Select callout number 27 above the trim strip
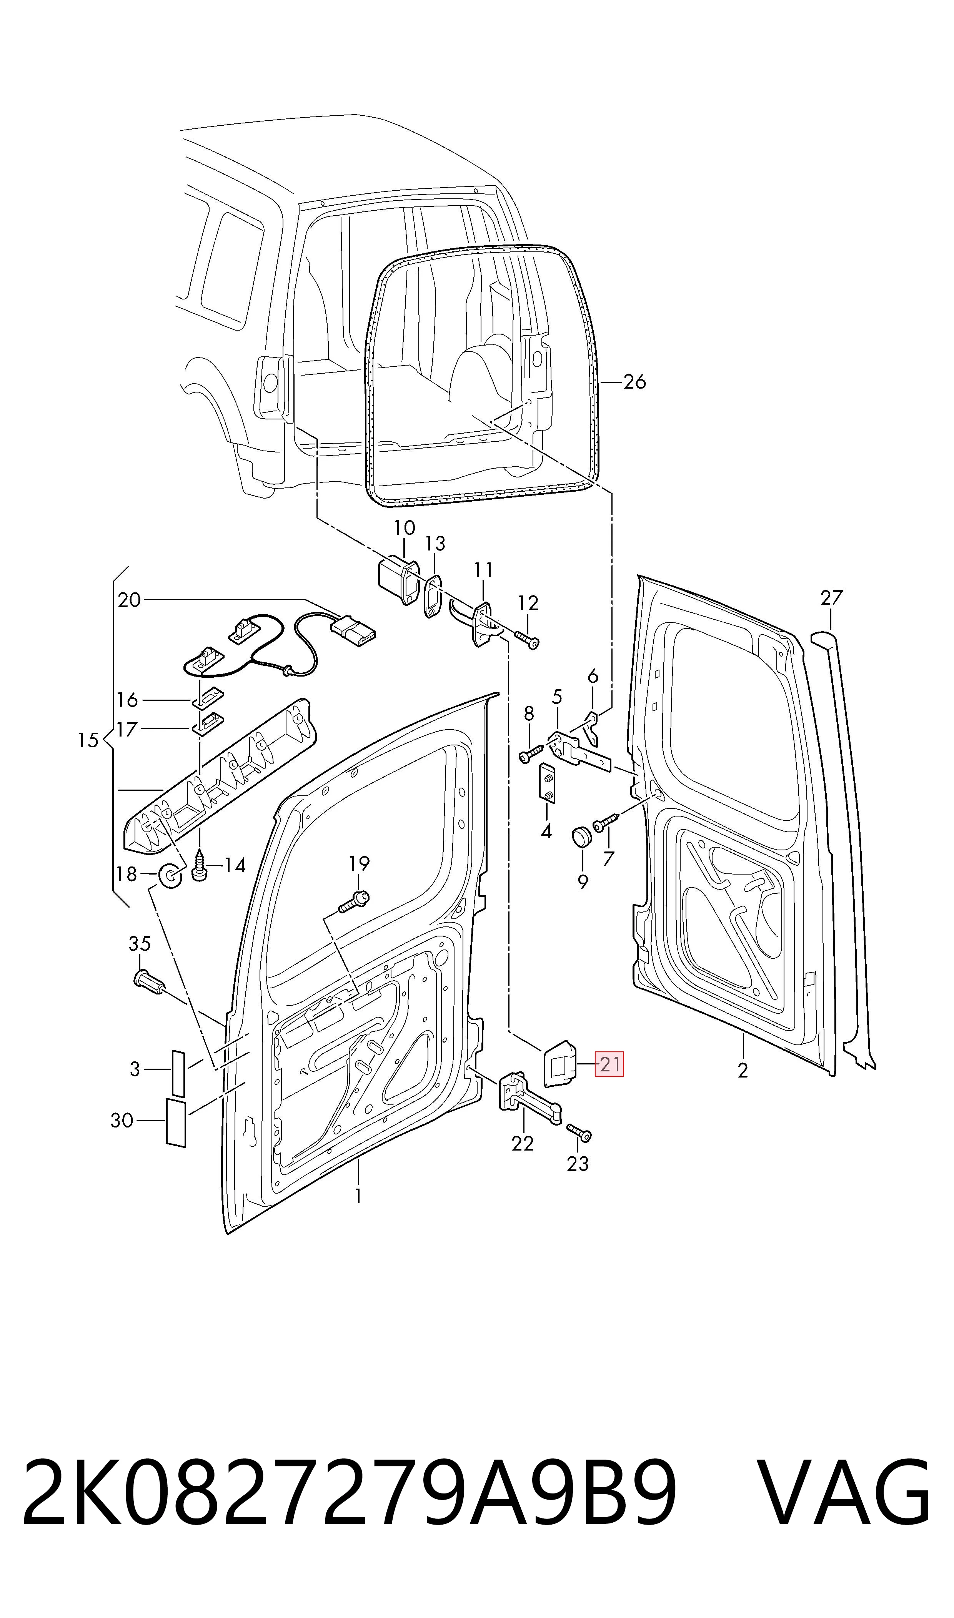coord(831,598)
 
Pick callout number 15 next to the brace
coord(88,740)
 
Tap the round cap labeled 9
coord(582,838)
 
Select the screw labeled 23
coord(579,1134)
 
